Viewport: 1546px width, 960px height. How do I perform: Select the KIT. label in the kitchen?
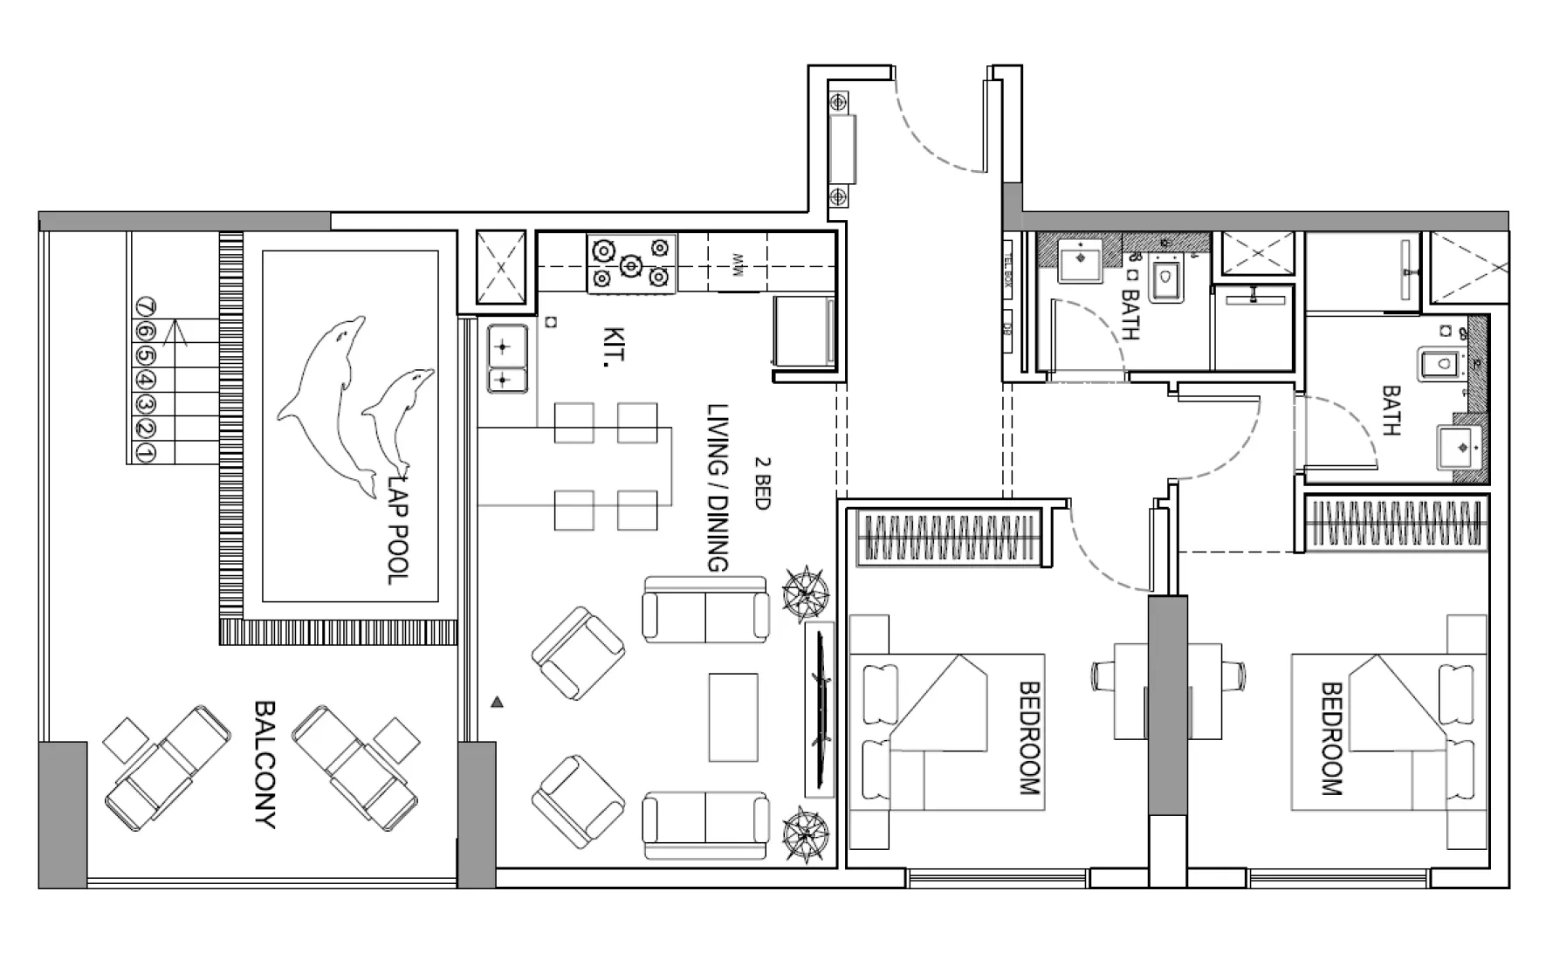click(614, 347)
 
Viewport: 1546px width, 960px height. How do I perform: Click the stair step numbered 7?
click(146, 307)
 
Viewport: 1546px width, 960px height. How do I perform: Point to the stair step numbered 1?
click(146, 453)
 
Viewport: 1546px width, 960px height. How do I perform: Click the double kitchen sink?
click(506, 359)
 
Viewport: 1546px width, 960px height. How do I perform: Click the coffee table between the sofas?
click(733, 717)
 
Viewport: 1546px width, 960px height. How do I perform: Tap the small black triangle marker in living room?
click(497, 702)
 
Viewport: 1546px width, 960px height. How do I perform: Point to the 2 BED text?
click(761, 483)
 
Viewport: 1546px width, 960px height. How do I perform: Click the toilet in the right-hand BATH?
click(1439, 365)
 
